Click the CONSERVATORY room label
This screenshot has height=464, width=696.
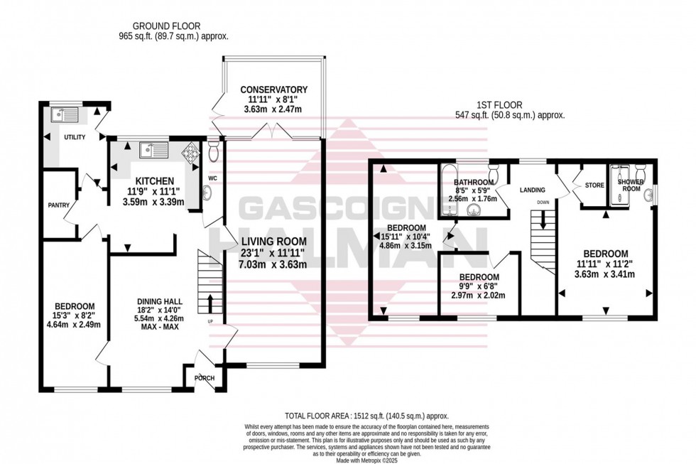[273, 90]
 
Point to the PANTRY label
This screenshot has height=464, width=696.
[58, 205]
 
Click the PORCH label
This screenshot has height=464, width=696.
[205, 378]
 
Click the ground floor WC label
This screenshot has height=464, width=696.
[212, 178]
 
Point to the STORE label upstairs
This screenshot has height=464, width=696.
[594, 185]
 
